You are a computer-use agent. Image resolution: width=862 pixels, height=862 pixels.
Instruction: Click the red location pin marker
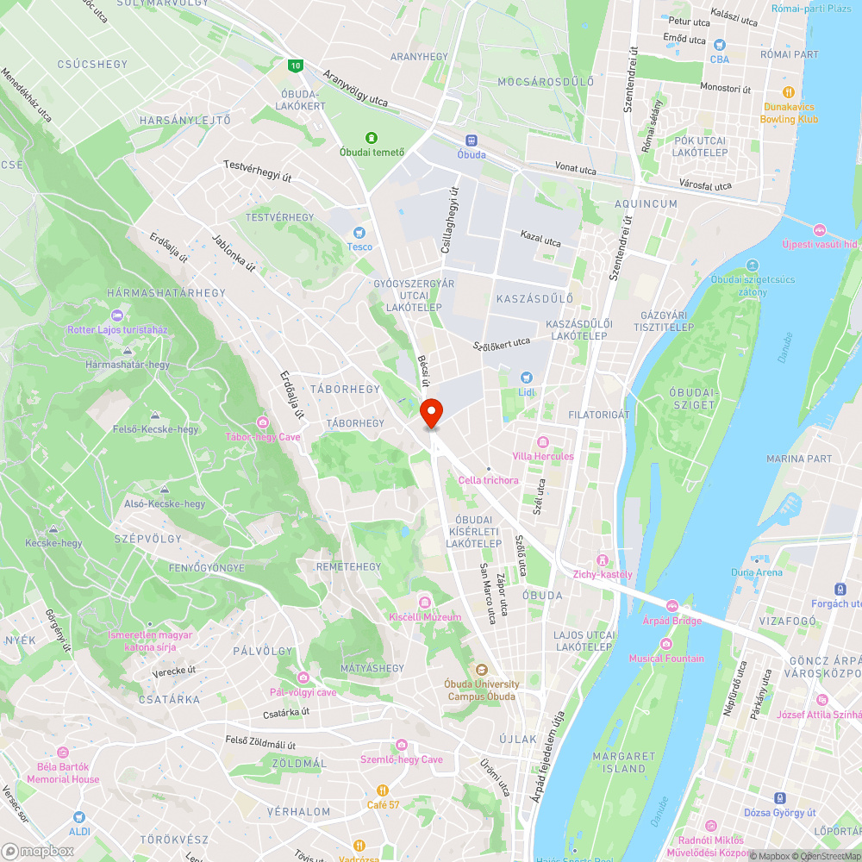432,413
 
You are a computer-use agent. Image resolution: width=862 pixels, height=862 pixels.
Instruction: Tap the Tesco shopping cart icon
360,232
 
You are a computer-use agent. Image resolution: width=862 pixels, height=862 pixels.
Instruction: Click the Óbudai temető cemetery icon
372,137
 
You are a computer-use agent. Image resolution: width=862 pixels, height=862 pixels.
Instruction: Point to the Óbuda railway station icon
472,141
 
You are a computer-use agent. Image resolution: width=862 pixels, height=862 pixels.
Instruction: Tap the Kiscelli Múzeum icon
424,602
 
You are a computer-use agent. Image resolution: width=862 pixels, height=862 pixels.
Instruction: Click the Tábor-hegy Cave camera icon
262,422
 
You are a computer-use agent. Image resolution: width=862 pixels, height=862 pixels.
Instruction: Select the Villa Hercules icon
542,441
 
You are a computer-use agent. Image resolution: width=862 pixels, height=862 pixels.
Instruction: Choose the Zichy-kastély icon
603,560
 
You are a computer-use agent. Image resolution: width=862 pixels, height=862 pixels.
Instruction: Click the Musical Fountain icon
665,644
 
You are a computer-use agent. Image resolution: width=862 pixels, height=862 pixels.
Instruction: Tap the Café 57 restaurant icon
383,790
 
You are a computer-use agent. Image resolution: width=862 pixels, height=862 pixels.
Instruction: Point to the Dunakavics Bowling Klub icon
788,92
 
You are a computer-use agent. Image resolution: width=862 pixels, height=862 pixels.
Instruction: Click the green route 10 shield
296,65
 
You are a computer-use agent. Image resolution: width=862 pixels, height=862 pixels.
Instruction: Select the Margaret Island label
619,762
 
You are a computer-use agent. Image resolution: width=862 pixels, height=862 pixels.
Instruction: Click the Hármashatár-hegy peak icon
128,351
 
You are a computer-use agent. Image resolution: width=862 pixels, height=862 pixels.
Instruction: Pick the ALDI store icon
79,816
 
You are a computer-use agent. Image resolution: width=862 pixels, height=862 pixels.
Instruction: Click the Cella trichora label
489,480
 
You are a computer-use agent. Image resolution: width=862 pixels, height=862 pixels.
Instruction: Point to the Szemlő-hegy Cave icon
401,745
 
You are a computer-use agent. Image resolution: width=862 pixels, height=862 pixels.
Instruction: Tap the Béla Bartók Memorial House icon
62,753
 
